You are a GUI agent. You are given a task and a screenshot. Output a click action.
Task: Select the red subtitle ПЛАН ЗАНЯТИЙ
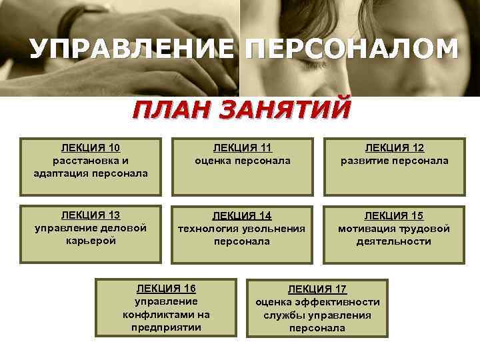[x=240, y=107]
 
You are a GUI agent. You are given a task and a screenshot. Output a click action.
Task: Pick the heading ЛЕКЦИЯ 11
[x=243, y=148]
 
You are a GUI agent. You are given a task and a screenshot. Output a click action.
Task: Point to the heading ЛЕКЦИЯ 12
[x=394, y=148]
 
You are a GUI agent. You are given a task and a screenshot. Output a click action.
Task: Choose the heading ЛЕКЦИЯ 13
[x=91, y=215]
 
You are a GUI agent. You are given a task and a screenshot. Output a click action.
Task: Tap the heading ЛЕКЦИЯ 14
[x=242, y=215]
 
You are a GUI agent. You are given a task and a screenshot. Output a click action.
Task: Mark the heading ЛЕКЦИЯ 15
[x=394, y=215]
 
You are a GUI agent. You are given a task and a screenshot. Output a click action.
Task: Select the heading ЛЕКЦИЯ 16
[x=166, y=289]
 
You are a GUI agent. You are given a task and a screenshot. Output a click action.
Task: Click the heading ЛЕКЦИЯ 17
[x=317, y=289]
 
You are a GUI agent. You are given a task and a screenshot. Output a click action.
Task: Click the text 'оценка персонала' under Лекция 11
[x=243, y=161]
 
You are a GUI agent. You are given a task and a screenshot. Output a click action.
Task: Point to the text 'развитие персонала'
[x=394, y=161]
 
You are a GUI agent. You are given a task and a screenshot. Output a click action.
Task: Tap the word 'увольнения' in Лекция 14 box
[x=275, y=228]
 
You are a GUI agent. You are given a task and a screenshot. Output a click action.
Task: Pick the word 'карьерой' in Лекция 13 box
[x=91, y=241]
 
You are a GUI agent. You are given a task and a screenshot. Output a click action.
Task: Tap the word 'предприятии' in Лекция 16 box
[x=166, y=327]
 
